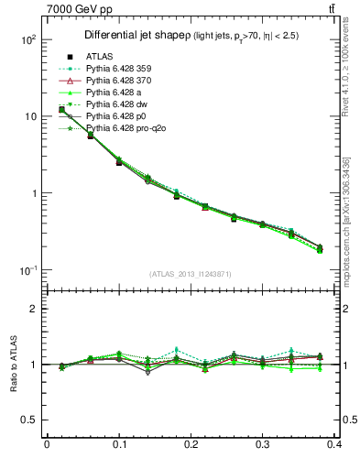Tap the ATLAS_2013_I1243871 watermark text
pyautogui.click(x=191, y=275)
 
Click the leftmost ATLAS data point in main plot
pyautogui.click(x=61, y=110)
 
